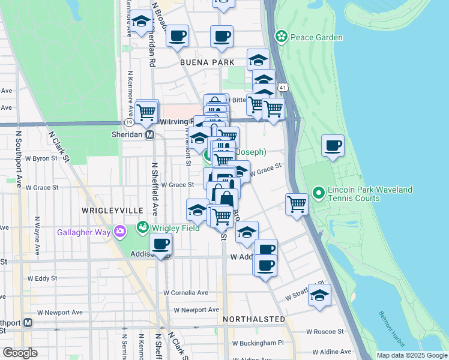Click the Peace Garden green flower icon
(x=280, y=37)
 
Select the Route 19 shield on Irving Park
(x=129, y=122)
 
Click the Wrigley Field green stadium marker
(x=142, y=227)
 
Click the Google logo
(x=20, y=352)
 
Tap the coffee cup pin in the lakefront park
(x=333, y=146)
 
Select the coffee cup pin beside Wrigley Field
(x=160, y=244)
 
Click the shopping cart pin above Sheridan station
(x=146, y=112)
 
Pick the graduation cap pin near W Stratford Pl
(x=320, y=295)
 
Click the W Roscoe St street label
(x=325, y=331)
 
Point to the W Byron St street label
(x=42, y=159)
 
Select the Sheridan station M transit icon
(x=151, y=135)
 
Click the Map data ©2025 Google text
(x=411, y=355)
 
